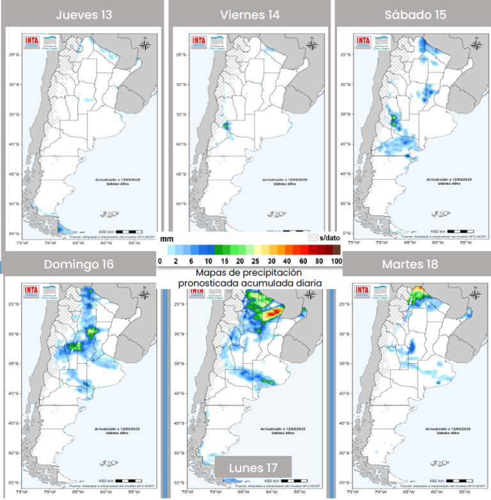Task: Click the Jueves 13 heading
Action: (82, 15)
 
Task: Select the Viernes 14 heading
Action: (249, 15)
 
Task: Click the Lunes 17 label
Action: (254, 467)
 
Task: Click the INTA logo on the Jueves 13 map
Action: (32, 42)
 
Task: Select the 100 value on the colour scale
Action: (337, 261)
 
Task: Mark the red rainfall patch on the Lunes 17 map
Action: (272, 313)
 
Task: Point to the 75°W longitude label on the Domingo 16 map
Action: (22, 492)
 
